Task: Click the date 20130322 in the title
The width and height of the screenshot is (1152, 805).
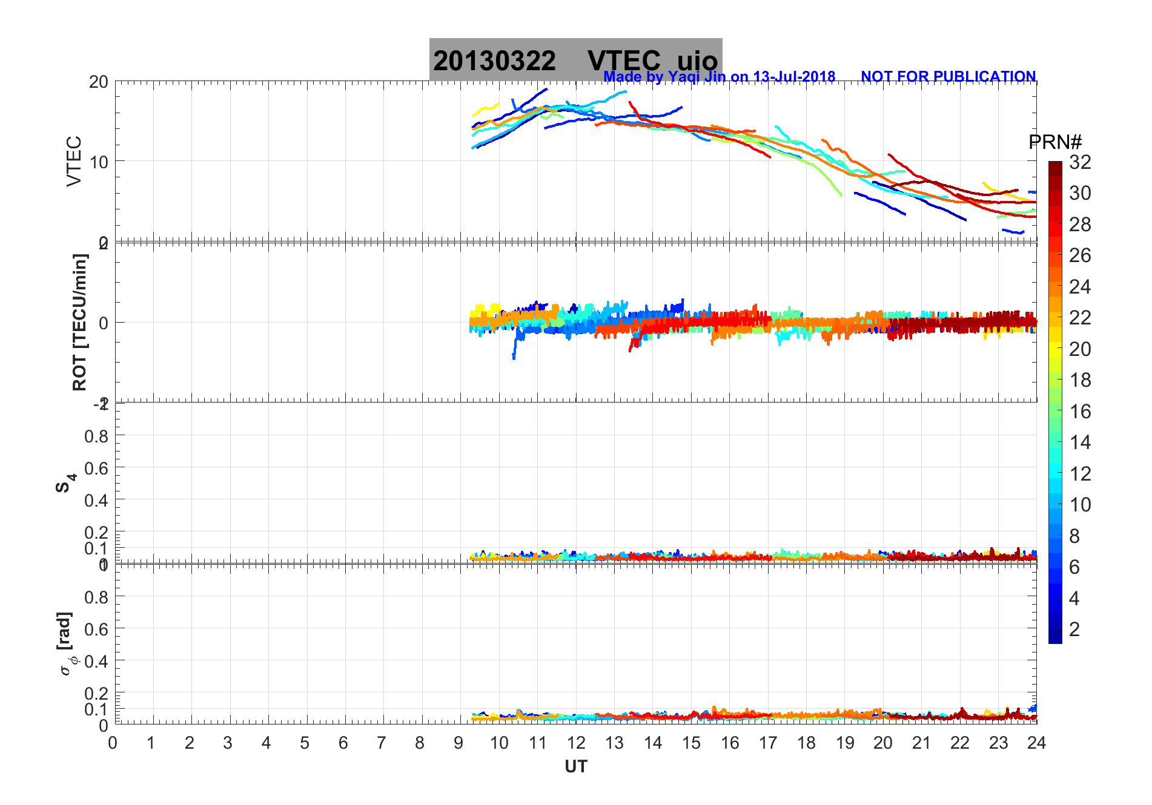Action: click(494, 61)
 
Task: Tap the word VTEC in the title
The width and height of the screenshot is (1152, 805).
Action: click(624, 61)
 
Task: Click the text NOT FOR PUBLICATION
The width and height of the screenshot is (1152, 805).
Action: click(948, 77)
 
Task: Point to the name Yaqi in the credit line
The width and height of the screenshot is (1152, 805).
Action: click(681, 77)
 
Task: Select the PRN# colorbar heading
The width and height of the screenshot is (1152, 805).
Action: click(1055, 142)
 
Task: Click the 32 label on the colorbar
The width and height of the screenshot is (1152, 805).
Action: click(1080, 162)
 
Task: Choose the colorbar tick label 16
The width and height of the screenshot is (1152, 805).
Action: click(1080, 412)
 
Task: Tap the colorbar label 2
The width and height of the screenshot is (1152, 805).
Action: click(1074, 629)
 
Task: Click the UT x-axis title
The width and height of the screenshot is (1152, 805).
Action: click(575, 767)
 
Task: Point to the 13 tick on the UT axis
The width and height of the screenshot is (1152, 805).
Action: click(614, 743)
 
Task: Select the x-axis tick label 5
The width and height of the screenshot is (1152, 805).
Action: click(305, 743)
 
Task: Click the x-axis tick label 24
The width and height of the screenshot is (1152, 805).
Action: click(1036, 743)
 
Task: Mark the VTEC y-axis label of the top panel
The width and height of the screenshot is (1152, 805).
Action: click(74, 161)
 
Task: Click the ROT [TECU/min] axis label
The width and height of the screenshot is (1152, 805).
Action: click(79, 322)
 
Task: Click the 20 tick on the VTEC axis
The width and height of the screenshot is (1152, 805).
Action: click(98, 82)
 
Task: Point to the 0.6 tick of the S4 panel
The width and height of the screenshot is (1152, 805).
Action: click(96, 468)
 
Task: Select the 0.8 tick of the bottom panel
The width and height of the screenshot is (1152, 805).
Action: click(96, 597)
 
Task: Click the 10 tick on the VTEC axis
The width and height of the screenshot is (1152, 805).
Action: click(98, 162)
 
